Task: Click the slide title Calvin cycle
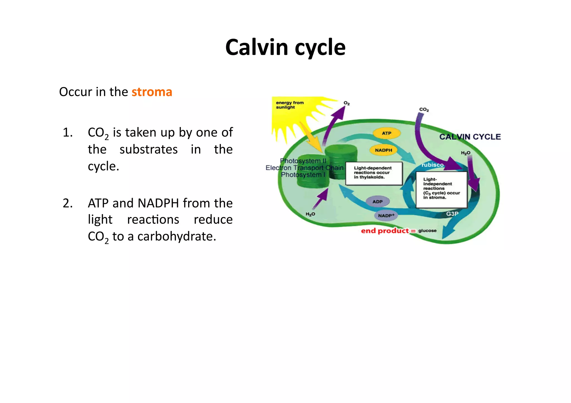coord(285,47)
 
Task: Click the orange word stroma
coord(152,92)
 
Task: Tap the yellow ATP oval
coord(386,133)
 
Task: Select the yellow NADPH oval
coord(383,150)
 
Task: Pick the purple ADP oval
coord(378,201)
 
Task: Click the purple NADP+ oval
coord(386,216)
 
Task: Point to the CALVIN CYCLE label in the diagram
coord(470,137)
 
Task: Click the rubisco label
coord(432,165)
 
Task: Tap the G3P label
coord(452,214)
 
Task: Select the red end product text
coord(385,231)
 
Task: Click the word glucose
coord(427,231)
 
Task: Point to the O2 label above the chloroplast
coord(347,103)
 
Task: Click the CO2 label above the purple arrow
coord(424,109)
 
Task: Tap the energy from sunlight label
coord(290,105)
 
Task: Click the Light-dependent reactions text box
coord(374,173)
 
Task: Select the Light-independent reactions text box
coord(441,189)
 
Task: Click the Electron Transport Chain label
coord(304,168)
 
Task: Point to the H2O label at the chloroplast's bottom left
coord(310,214)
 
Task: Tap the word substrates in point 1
coord(149,150)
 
